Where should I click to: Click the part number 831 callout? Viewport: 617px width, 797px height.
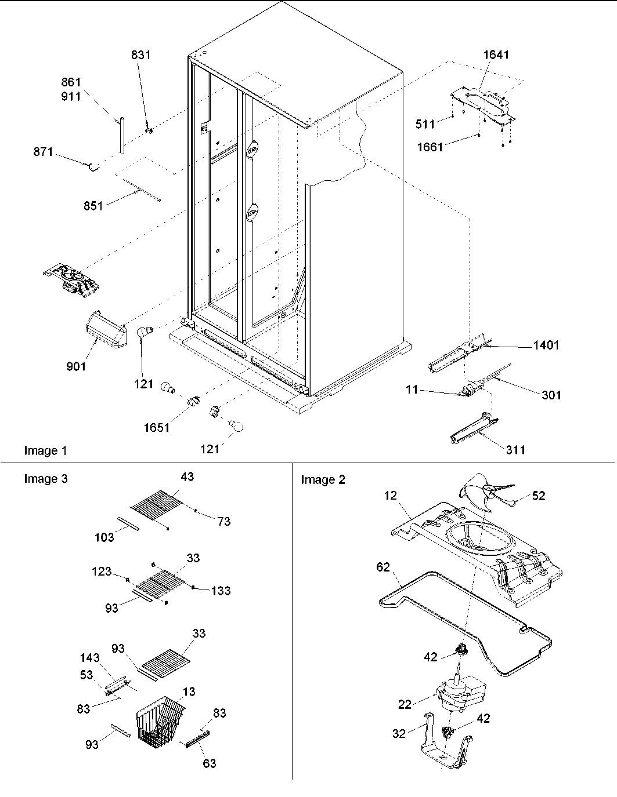point(140,55)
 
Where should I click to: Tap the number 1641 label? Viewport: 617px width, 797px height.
point(496,55)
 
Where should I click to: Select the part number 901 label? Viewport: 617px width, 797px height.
point(76,366)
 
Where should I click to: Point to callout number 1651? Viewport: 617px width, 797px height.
point(157,428)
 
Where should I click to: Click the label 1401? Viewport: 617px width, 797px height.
point(546,345)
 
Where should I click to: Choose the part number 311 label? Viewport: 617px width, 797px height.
point(515,449)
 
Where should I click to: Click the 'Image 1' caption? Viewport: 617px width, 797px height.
point(45,450)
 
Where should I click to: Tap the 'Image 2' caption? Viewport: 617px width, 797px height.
point(323,479)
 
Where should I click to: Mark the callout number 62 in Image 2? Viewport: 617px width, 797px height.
point(383,567)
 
